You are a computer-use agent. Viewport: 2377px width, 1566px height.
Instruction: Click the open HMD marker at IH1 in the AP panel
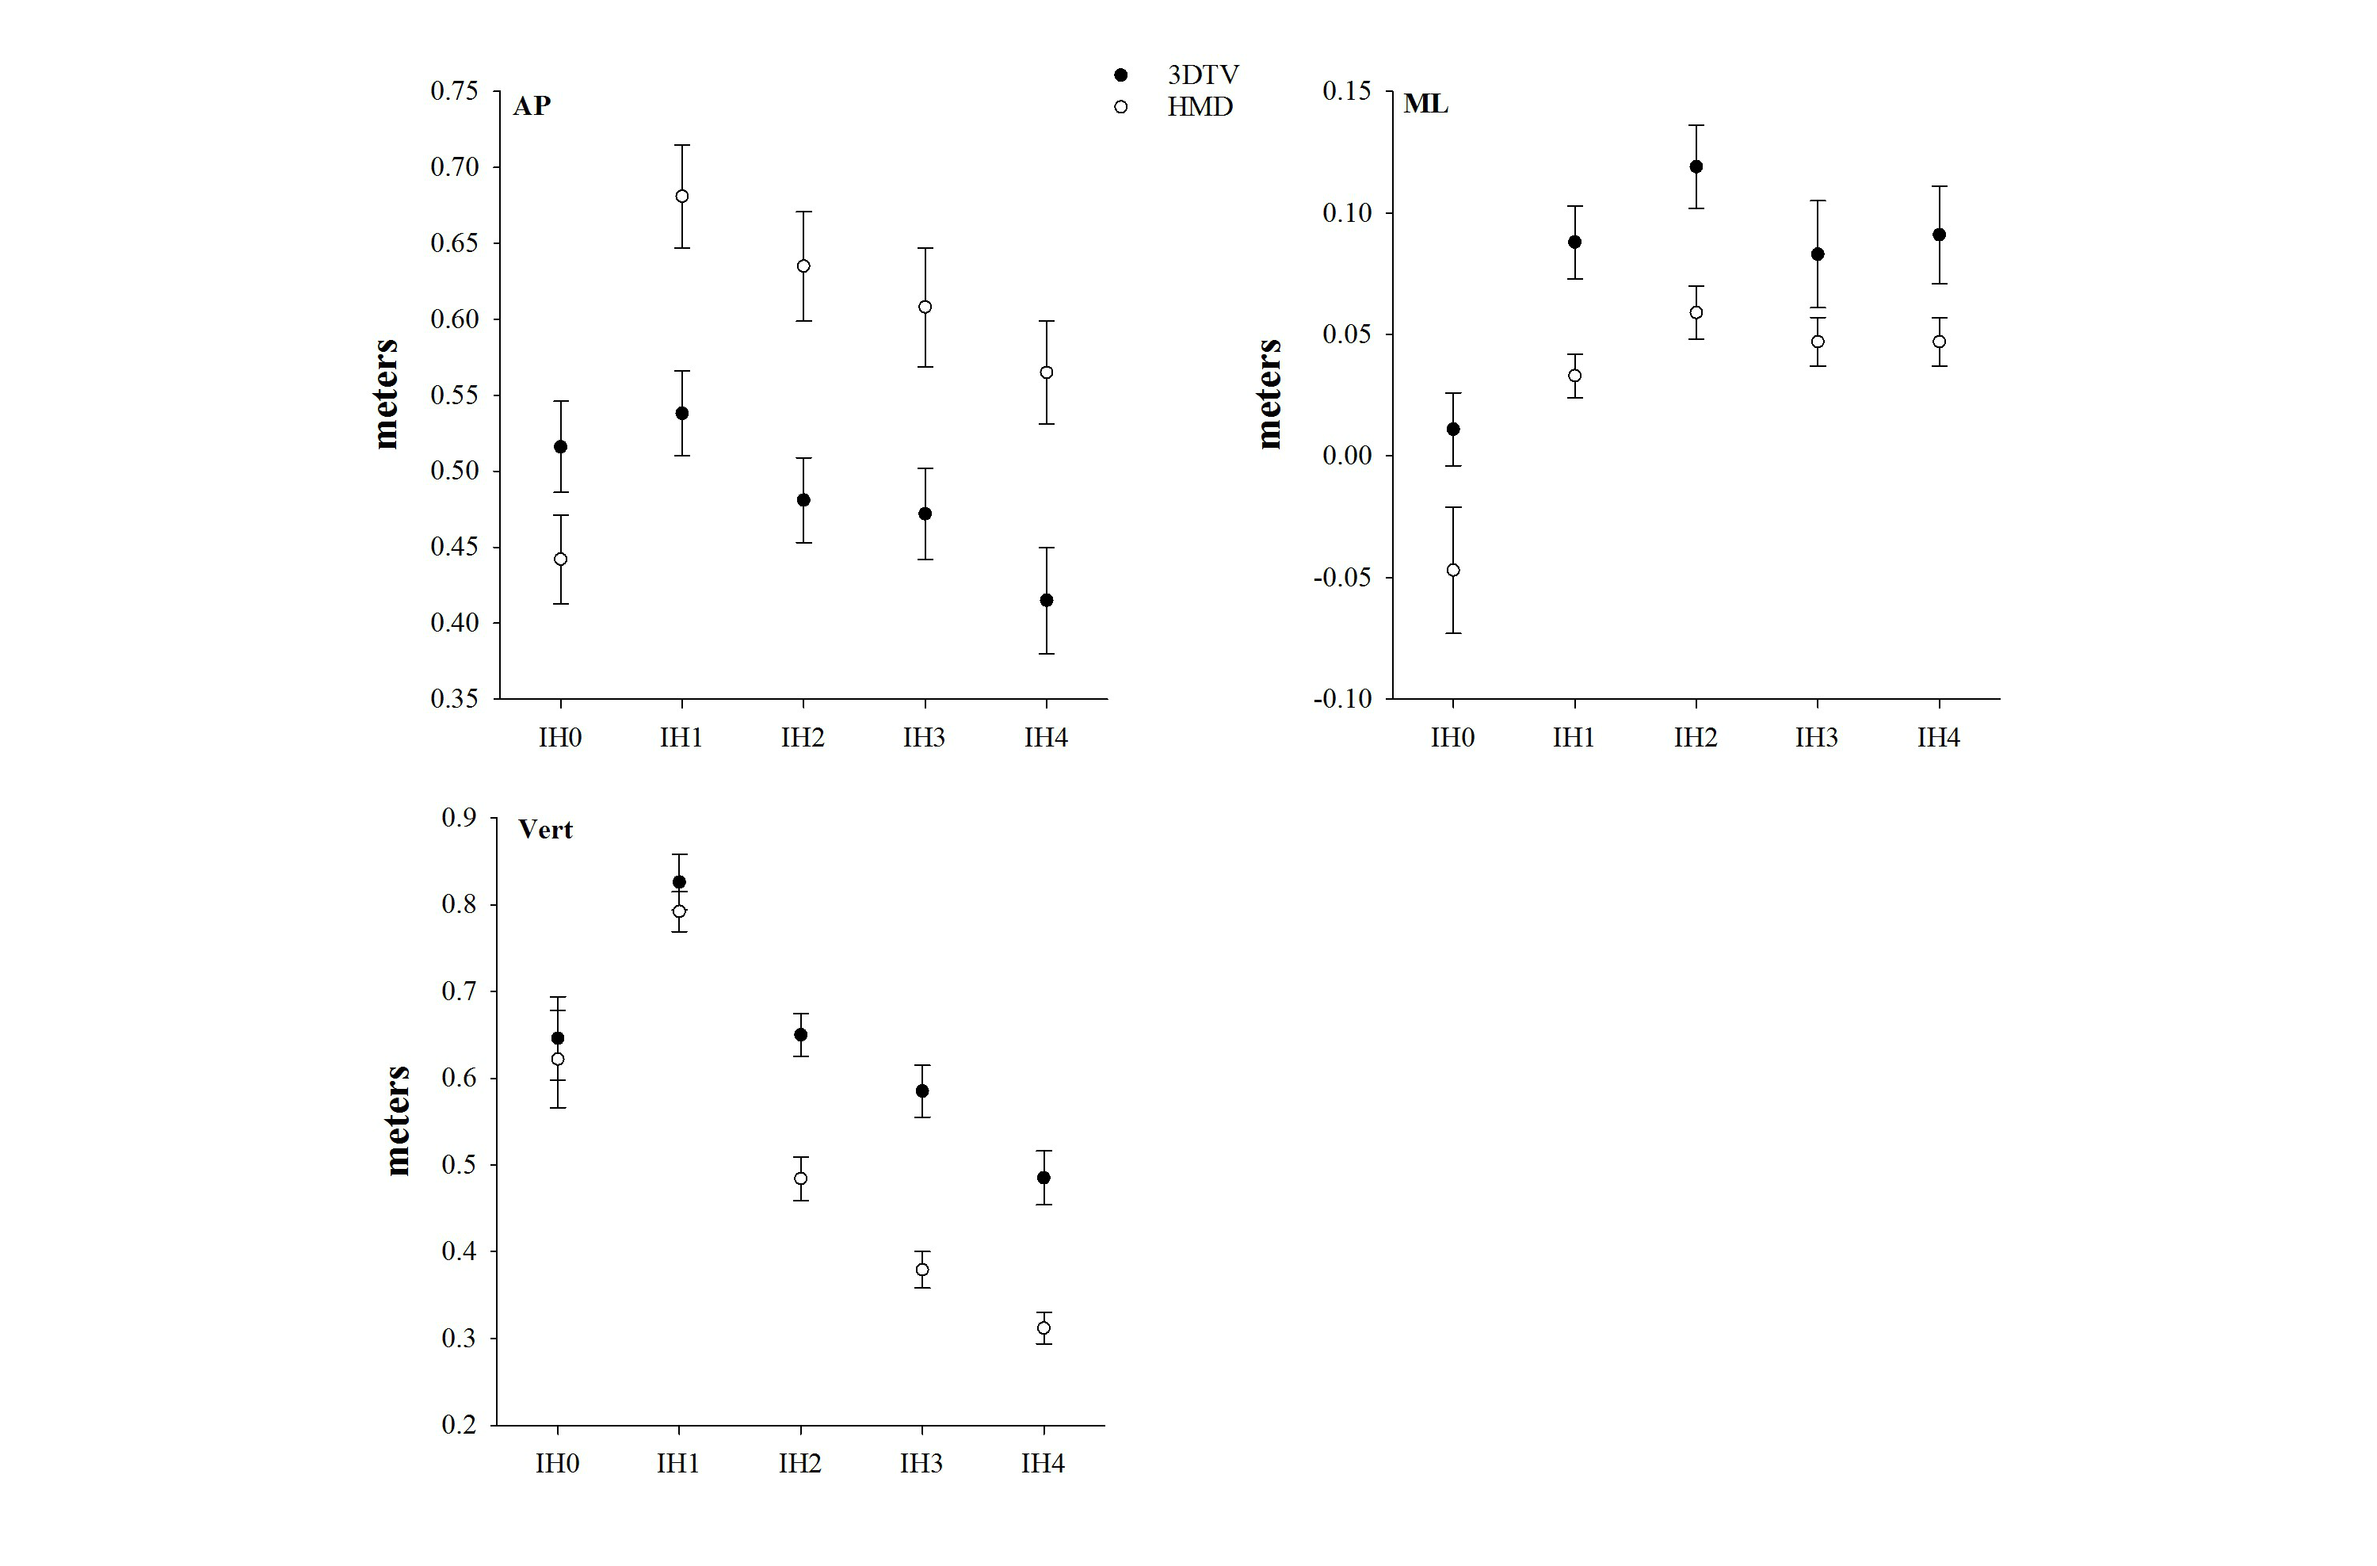(x=682, y=197)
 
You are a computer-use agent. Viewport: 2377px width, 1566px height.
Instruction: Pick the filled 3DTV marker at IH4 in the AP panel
(x=1047, y=600)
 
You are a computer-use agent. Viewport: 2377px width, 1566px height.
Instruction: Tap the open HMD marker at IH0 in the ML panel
(x=1453, y=571)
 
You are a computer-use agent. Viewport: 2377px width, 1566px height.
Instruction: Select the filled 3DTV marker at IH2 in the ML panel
(x=1696, y=166)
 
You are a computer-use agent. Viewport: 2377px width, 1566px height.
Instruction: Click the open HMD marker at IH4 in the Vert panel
(x=1044, y=1328)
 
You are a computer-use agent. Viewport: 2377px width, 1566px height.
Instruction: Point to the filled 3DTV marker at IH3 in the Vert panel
(x=921, y=1090)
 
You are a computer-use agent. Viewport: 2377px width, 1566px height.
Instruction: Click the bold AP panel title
(x=532, y=106)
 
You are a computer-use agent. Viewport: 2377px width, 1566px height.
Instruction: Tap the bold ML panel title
(x=1425, y=104)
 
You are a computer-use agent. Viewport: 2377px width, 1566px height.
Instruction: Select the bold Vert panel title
(x=545, y=830)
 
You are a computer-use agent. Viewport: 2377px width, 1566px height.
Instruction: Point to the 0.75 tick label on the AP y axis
(x=455, y=91)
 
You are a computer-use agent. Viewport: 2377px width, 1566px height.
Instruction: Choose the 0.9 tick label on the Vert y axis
(x=460, y=818)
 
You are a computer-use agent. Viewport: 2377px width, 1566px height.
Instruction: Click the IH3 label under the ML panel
(x=1816, y=738)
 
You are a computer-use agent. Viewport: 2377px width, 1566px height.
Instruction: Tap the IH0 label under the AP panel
(x=559, y=738)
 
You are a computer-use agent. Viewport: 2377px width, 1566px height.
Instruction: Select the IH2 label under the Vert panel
(x=800, y=1464)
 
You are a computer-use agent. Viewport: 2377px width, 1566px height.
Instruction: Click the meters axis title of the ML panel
(x=1269, y=394)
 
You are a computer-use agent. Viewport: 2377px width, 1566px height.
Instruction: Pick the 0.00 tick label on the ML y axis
(x=1349, y=456)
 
